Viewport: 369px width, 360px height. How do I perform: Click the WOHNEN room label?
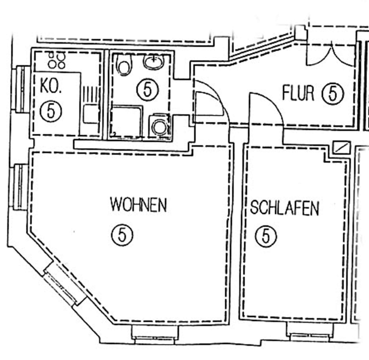click(x=138, y=205)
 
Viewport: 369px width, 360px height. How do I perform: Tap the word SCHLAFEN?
click(x=284, y=208)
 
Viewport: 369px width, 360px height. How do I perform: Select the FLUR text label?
click(x=298, y=93)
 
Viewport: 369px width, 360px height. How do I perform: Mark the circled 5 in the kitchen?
click(x=51, y=111)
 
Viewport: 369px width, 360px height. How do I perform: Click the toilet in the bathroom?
click(x=123, y=65)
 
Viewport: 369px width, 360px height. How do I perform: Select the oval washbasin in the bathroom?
click(x=154, y=62)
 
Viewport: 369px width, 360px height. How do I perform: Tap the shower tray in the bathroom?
click(x=127, y=122)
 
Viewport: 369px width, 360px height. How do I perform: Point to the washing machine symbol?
click(x=159, y=126)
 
